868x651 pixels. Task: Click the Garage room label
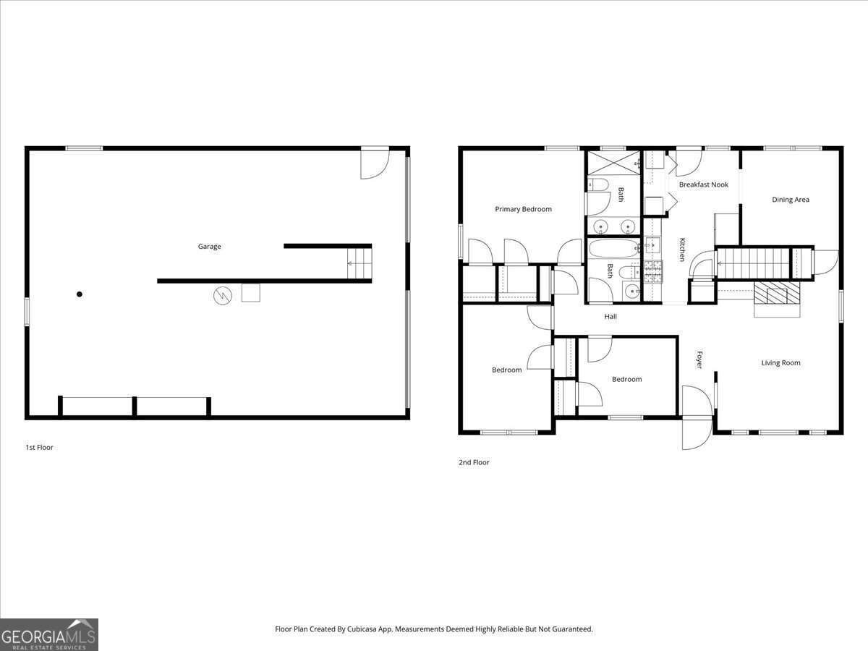[210, 247]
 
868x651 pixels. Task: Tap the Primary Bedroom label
[523, 209]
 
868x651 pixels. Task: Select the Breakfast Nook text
[703, 184]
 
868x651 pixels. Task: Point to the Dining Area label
[790, 200]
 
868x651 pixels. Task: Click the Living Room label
[780, 362]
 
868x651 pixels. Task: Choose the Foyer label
[699, 359]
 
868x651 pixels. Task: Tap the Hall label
[610, 316]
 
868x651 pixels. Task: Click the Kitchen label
[681, 250]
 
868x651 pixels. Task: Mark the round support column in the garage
[80, 294]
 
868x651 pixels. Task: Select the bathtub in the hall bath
[613, 249]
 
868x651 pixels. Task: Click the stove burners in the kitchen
[652, 272]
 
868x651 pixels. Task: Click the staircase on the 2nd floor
[752, 263]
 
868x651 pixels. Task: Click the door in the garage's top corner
[375, 163]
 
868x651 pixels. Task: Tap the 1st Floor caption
[39, 447]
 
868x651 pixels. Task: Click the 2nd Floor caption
[474, 462]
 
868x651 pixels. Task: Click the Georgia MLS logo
[49, 634]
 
